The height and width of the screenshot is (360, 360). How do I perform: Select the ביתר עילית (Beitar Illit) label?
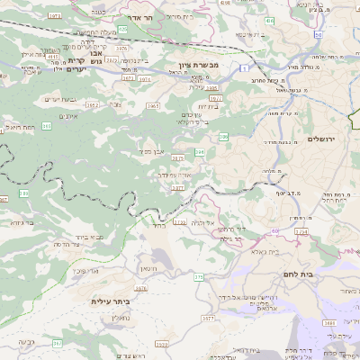coord(108,301)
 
